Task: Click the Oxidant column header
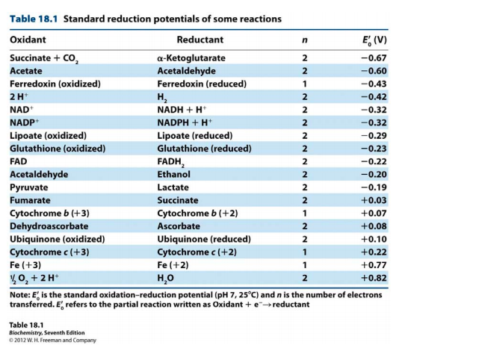click(x=28, y=40)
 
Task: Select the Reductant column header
click(x=200, y=40)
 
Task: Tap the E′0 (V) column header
click(x=374, y=40)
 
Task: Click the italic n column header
click(x=305, y=40)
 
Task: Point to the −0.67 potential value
click(x=374, y=58)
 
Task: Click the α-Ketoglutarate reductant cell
click(x=191, y=58)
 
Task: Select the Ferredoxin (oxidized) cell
click(x=55, y=84)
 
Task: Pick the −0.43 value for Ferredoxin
click(x=374, y=84)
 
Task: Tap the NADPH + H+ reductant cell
click(x=185, y=122)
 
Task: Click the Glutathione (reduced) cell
click(x=204, y=149)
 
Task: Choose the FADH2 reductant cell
click(x=171, y=162)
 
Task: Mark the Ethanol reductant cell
click(x=173, y=174)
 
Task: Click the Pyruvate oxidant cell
click(x=28, y=187)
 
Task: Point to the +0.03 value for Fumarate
click(x=374, y=200)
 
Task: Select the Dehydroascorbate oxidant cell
click(x=49, y=226)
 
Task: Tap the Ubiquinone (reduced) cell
click(x=204, y=239)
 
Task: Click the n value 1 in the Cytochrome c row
click(x=305, y=252)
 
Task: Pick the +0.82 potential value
click(x=374, y=278)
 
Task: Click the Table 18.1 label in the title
click(x=34, y=19)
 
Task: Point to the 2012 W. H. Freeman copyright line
click(x=52, y=340)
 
